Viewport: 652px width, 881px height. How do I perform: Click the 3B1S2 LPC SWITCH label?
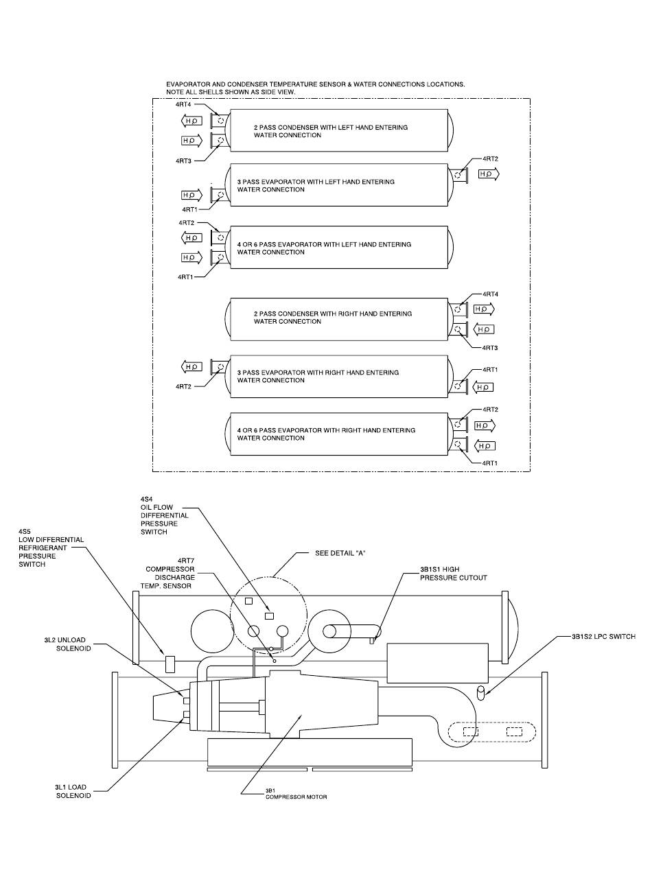[603, 636]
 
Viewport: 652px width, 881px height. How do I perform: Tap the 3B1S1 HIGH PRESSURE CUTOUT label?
[454, 574]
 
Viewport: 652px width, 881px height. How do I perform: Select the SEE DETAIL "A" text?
[340, 553]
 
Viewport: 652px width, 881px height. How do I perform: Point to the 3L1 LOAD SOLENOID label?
[73, 791]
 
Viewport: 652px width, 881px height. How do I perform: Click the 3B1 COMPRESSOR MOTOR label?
[296, 794]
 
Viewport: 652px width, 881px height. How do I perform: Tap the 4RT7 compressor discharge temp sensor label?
[167, 573]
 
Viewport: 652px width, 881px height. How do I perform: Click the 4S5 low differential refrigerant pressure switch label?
[51, 548]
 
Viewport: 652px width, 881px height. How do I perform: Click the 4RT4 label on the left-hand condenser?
[183, 104]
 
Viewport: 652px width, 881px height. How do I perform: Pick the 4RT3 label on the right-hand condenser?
[490, 348]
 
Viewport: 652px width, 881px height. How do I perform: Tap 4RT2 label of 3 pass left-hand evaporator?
[490, 159]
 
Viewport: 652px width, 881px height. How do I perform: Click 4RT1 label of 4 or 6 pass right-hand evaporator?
[490, 463]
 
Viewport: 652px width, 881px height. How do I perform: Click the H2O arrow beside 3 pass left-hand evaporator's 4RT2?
[489, 174]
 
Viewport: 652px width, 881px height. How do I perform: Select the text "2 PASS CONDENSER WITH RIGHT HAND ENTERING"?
[333, 314]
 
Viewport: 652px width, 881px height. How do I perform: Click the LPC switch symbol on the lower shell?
[481, 693]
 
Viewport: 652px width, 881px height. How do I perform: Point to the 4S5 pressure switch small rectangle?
[170, 664]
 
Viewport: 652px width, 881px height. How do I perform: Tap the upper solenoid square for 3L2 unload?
[186, 701]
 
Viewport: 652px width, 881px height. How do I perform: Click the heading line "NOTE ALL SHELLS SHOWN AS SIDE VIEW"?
[231, 92]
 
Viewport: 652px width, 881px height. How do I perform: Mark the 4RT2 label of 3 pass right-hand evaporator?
[183, 386]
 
